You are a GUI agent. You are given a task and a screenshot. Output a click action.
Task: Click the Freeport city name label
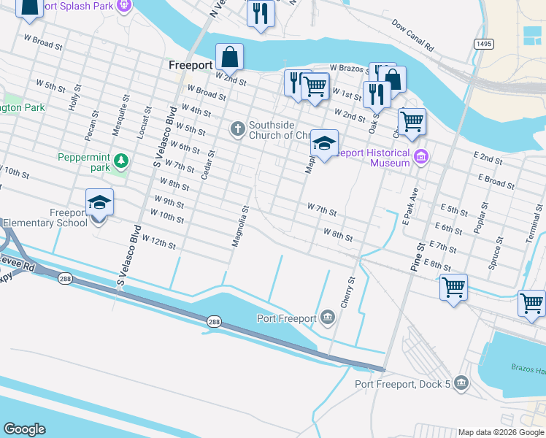tap(190, 65)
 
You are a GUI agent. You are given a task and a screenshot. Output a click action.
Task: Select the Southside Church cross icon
tap(237, 129)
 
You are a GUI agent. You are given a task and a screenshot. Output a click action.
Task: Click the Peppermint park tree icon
tap(121, 160)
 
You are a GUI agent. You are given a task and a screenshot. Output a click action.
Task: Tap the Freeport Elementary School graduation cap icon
tap(99, 203)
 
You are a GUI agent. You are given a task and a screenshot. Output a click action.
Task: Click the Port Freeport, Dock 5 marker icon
tap(461, 383)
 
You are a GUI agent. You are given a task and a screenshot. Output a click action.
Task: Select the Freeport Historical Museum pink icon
tap(421, 157)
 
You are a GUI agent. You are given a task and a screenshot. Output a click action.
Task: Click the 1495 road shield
tap(483, 45)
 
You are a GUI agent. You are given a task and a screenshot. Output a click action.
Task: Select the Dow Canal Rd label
tap(412, 36)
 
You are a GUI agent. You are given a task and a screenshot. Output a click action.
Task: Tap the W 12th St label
tap(158, 241)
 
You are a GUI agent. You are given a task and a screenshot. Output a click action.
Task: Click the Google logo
tap(25, 429)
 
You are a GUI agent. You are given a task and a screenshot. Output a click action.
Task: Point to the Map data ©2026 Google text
tap(501, 432)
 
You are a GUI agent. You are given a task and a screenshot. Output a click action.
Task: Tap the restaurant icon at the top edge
tap(260, 12)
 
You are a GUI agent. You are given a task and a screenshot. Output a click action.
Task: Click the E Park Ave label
tap(411, 206)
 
